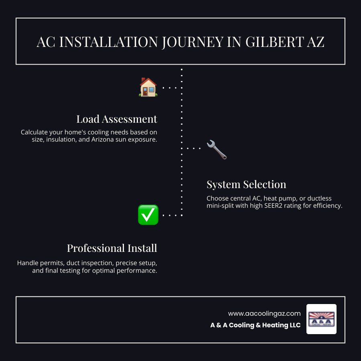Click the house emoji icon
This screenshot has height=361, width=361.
coord(148,87)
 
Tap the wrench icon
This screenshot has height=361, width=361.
coord(217,150)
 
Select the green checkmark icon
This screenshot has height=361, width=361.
coord(148,215)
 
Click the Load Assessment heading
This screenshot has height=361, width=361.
coord(117,119)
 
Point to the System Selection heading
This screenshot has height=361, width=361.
coord(246,185)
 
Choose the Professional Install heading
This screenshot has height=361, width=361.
coord(112,248)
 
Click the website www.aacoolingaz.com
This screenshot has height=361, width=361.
coord(264,313)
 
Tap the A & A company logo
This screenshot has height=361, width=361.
coord(321,319)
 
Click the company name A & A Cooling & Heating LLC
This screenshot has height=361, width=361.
coord(256,325)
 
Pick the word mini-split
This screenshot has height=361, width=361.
coord(223,206)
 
